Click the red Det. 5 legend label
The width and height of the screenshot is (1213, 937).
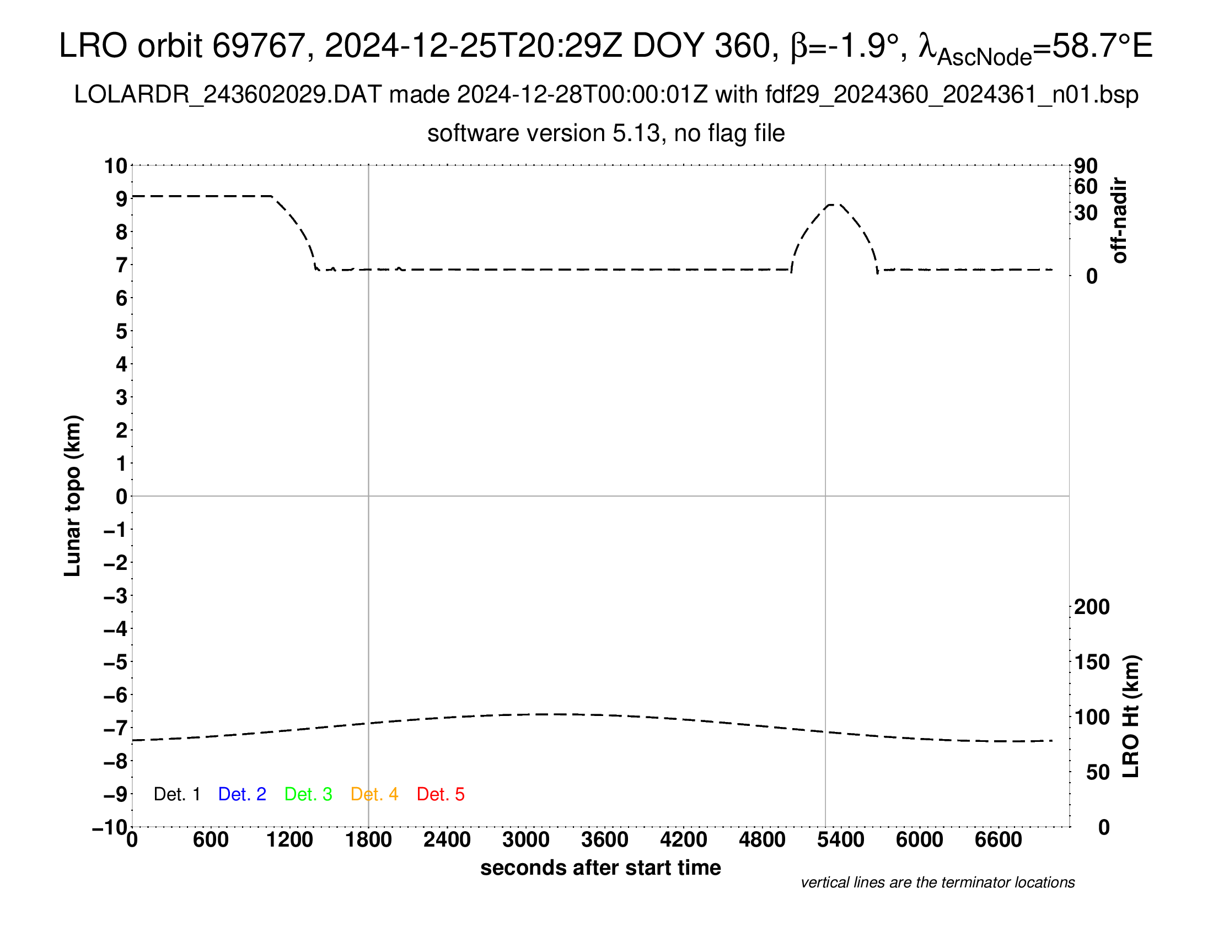(441, 794)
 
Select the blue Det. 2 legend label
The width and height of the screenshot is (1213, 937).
(242, 794)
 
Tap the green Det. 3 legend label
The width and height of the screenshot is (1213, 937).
(308, 794)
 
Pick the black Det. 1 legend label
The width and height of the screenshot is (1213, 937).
(176, 794)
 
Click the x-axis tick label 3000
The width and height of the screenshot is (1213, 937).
(525, 840)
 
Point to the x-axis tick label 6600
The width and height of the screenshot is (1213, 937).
(998, 840)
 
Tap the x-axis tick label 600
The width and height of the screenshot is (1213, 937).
(211, 840)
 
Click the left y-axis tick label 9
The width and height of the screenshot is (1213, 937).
(121, 199)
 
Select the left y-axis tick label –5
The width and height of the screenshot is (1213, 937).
(116, 662)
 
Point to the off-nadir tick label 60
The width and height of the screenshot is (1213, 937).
(1086, 187)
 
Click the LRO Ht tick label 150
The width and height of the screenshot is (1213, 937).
(1091, 662)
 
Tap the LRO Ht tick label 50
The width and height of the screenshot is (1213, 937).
(1097, 772)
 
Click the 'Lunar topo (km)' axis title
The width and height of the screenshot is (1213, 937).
(73, 496)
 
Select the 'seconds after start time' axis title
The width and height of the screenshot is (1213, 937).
(600, 868)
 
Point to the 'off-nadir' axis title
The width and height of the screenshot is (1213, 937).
(1119, 220)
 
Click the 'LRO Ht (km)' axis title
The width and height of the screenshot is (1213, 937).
(1131, 717)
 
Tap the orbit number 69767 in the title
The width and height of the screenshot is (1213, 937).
(259, 46)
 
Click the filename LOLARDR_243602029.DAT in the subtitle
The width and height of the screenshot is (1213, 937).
(228, 95)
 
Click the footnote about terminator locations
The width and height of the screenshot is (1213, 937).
(937, 882)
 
